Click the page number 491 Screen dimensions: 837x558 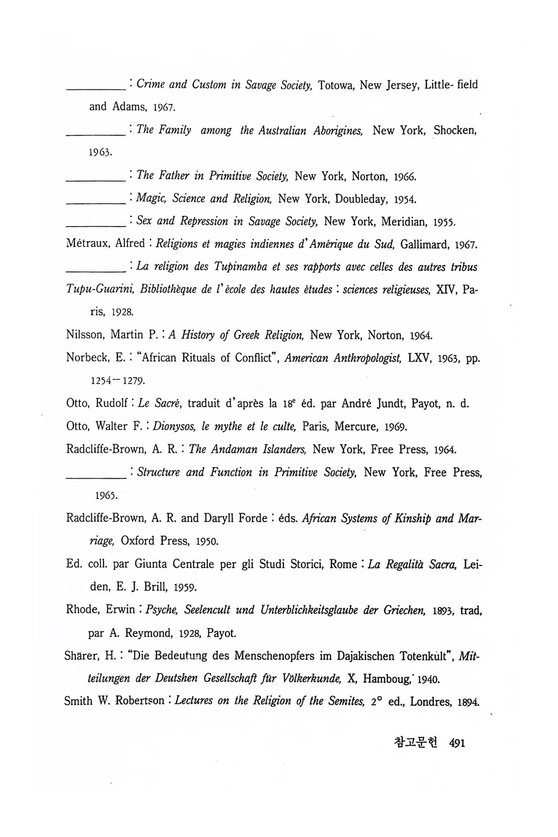point(458,743)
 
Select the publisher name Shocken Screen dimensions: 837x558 point(455,131)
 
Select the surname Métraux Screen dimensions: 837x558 point(86,244)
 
